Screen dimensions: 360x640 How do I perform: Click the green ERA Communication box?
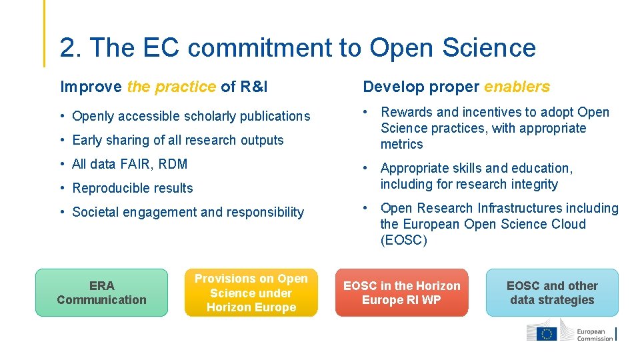point(101,293)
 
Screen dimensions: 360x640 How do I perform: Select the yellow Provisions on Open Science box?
point(251,293)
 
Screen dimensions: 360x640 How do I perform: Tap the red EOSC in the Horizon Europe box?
point(401,293)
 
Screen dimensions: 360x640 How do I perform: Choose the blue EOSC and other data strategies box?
point(552,293)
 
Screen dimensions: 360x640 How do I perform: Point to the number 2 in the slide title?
point(67,47)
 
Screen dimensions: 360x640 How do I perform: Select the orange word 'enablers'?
point(517,87)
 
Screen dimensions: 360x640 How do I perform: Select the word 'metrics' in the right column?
point(402,144)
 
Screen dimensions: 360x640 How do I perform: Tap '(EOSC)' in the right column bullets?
point(403,240)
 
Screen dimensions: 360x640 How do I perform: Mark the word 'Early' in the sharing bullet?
point(87,140)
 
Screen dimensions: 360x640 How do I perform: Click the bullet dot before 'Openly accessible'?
point(62,116)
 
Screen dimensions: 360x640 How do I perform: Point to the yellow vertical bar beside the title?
point(45,33)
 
